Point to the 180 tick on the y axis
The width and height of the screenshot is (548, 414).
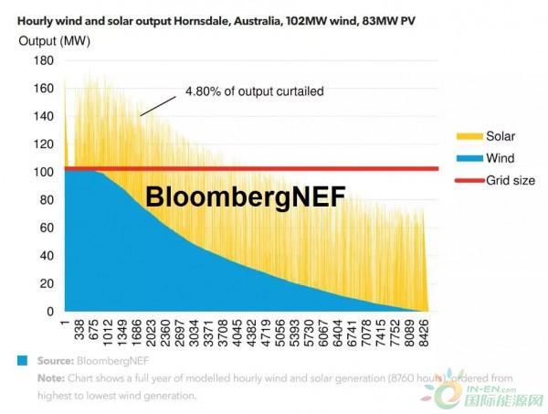click(43, 60)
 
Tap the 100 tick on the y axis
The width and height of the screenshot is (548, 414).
click(43, 173)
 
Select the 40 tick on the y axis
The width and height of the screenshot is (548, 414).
click(46, 256)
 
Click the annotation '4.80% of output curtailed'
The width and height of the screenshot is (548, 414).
click(255, 90)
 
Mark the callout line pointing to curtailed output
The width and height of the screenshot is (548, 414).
click(158, 104)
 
